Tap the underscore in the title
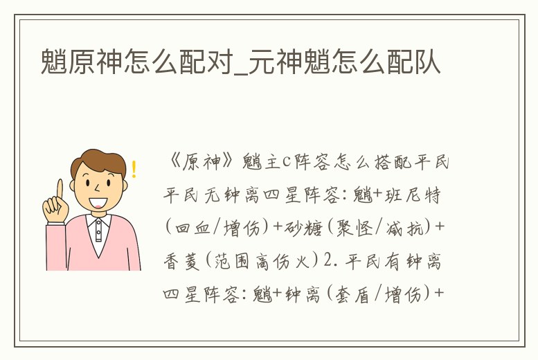click(x=245, y=72)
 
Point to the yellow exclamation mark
click(x=134, y=169)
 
